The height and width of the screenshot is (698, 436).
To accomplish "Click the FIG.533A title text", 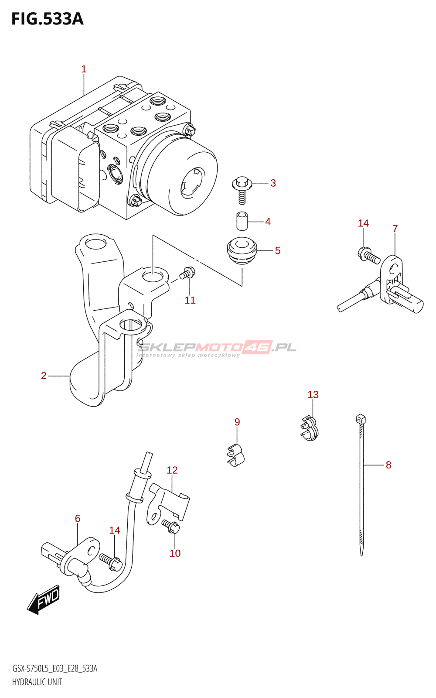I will (x=47, y=19).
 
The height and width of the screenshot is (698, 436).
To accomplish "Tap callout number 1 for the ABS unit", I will (x=84, y=69).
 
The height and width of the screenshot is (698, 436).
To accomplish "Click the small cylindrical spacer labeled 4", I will (x=242, y=221).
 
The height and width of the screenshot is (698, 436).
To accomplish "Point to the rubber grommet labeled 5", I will (x=242, y=250).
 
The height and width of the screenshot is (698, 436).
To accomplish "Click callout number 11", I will (x=190, y=300).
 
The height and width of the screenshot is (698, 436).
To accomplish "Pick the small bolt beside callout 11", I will (x=188, y=274).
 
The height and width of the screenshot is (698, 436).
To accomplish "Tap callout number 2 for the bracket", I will (x=44, y=376).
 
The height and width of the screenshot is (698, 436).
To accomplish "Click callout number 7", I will (x=395, y=229).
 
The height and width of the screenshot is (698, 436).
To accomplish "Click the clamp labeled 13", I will (x=309, y=428).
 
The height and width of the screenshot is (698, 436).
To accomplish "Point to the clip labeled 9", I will (x=236, y=454).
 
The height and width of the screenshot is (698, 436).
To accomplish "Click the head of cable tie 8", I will (x=361, y=419).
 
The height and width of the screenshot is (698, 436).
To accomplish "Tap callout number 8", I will (x=388, y=465).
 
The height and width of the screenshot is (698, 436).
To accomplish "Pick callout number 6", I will (x=78, y=518).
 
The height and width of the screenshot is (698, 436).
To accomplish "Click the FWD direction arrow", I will (x=44, y=599).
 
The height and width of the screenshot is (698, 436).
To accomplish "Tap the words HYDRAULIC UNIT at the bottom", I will (x=37, y=682).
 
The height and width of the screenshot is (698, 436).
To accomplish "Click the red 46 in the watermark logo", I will (x=258, y=347).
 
